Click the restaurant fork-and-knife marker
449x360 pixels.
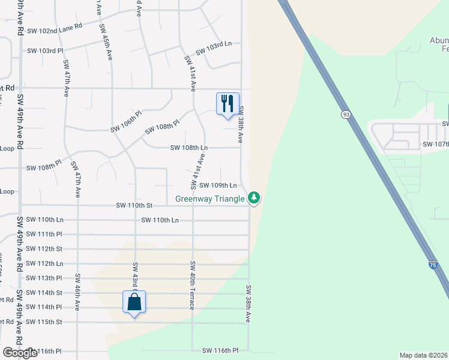(x=228, y=104)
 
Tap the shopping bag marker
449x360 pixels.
(x=134, y=302)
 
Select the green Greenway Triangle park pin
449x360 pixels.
(x=255, y=197)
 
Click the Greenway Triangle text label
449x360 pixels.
(x=210, y=199)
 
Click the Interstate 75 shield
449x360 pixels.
(x=433, y=265)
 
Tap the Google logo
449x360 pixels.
(x=20, y=353)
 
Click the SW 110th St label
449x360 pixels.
(x=135, y=205)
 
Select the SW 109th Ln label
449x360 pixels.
(x=218, y=186)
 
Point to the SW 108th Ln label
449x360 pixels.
(x=188, y=147)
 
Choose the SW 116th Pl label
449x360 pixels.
(x=220, y=350)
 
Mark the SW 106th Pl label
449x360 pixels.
(x=125, y=128)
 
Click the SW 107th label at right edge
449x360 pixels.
(x=436, y=144)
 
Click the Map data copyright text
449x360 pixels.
(x=424, y=355)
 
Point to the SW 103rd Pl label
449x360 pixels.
(x=45, y=51)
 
